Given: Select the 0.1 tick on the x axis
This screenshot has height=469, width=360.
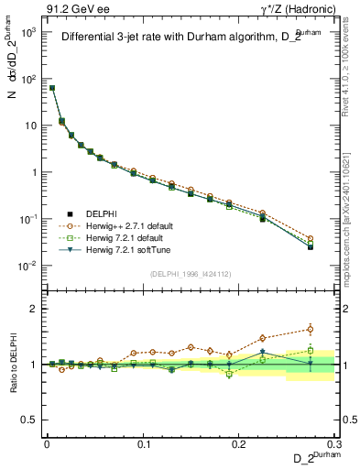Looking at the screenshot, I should (x=143, y=442).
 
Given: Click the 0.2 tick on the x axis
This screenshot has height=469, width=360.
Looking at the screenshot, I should (x=239, y=442).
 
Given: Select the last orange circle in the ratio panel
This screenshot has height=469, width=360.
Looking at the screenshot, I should (x=311, y=329).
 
